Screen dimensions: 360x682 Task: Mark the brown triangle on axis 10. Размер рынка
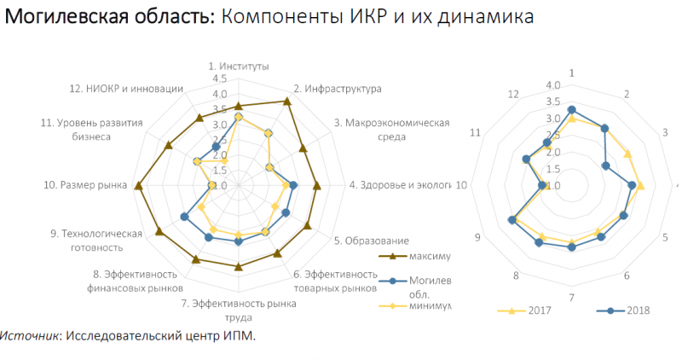point(139,185)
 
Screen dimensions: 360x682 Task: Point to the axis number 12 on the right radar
point(512,94)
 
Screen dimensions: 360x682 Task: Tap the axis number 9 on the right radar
point(478,236)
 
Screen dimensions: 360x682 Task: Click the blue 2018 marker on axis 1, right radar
point(571,109)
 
